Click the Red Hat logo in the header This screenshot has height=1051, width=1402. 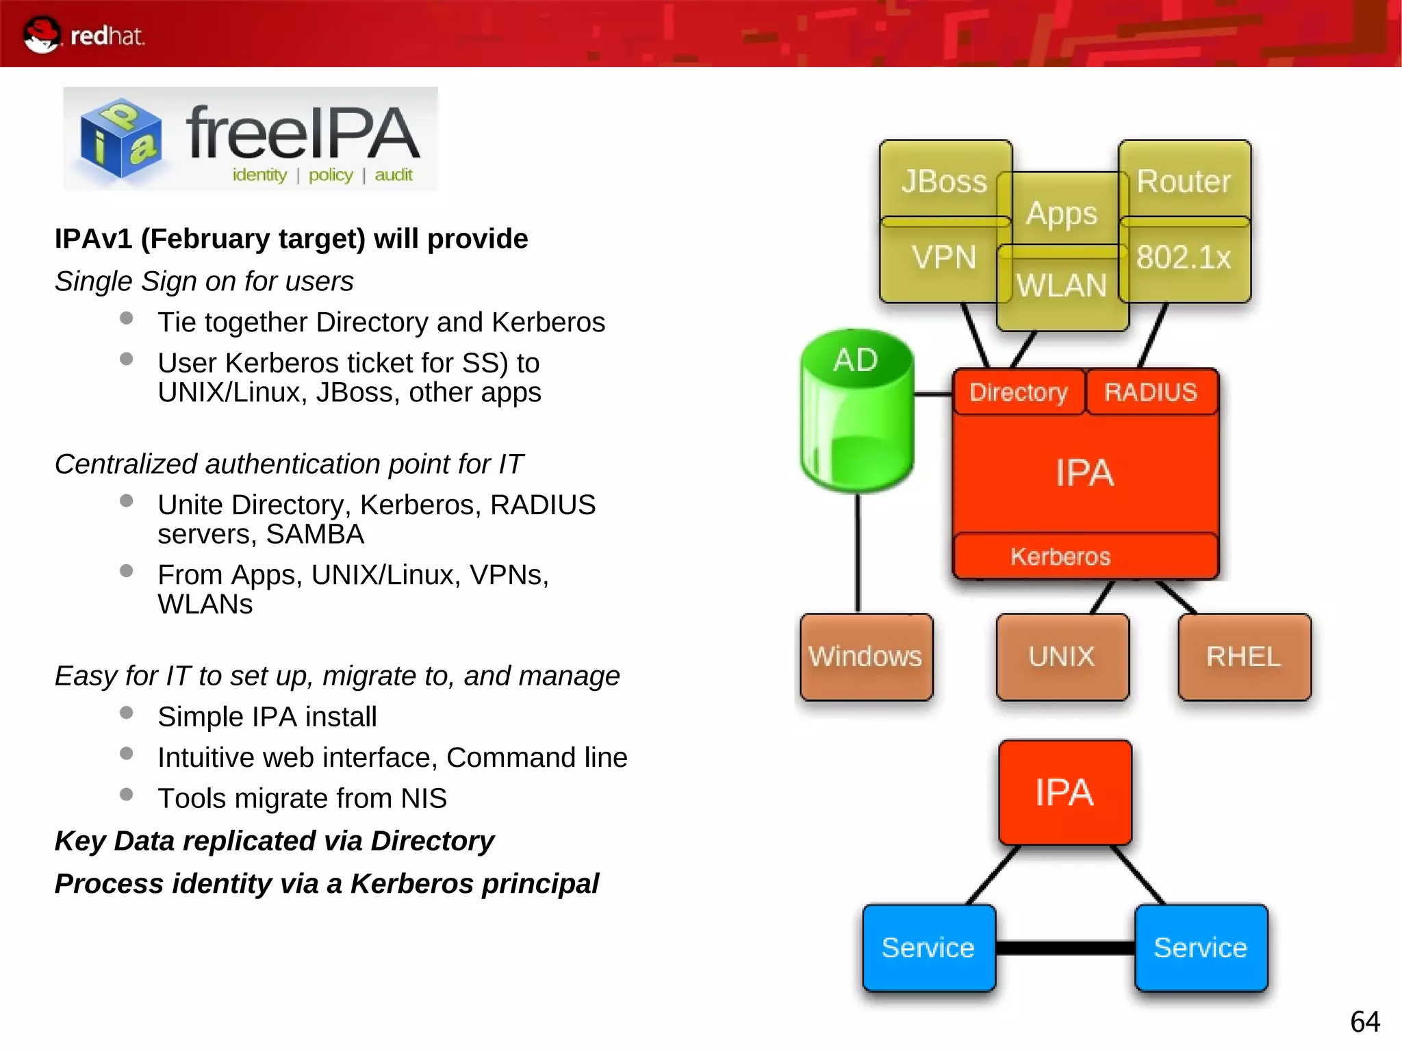82,35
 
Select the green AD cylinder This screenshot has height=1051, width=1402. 856,411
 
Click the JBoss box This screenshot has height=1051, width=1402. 943,180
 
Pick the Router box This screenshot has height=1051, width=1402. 1184,180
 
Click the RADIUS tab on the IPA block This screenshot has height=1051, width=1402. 1151,392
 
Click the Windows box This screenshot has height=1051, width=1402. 865,657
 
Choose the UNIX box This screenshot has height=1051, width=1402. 1062,657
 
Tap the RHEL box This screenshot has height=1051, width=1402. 1244,657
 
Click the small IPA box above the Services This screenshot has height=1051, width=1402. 1065,792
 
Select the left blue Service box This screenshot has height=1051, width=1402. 928,948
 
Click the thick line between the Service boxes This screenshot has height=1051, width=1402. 1065,948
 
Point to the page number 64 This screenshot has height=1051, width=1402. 1364,1022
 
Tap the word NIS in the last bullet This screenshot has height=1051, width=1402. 424,798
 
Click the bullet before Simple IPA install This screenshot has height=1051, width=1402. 126,713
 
